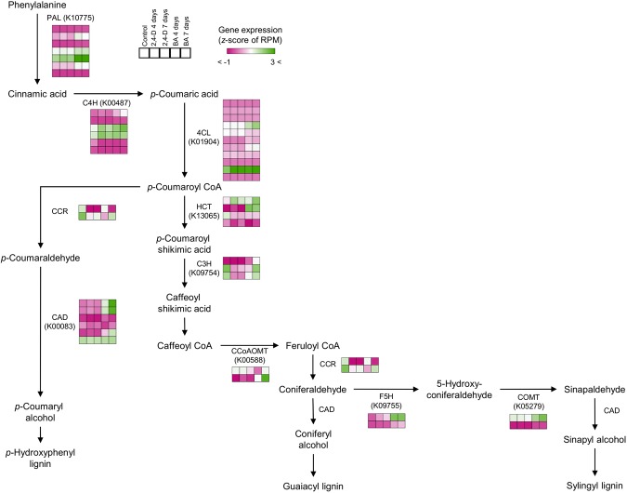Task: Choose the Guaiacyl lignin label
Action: (314, 485)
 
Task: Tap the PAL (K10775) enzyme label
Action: (70, 17)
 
